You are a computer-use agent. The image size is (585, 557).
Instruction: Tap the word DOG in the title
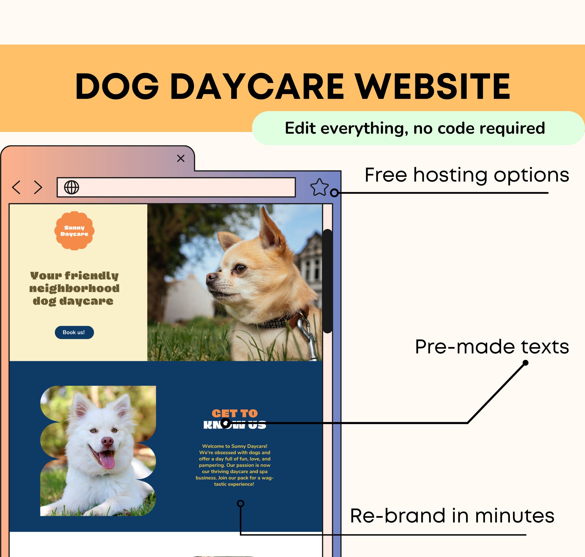pyautogui.click(x=117, y=86)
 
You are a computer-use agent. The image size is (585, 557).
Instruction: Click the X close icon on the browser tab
pyautogui.click(x=181, y=158)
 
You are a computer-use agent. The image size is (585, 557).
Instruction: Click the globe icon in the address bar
pyautogui.click(x=72, y=187)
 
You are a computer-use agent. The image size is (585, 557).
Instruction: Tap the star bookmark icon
pyautogui.click(x=319, y=187)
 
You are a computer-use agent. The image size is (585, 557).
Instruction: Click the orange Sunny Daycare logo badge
pyautogui.click(x=74, y=231)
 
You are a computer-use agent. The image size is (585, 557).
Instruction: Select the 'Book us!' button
pyautogui.click(x=74, y=332)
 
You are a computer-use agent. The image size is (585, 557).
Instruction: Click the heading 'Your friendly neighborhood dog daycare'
pyautogui.click(x=74, y=288)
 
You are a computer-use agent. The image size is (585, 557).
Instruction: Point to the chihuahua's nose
pyautogui.click(x=211, y=277)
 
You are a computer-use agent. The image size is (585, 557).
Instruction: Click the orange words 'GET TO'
pyautogui.click(x=235, y=413)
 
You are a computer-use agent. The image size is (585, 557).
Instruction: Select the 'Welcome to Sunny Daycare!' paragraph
pyautogui.click(x=235, y=465)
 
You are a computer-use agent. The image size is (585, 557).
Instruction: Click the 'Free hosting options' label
pyautogui.click(x=467, y=175)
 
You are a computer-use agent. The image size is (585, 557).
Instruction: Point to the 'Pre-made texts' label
pyautogui.click(x=492, y=347)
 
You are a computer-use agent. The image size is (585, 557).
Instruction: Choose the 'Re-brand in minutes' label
pyautogui.click(x=452, y=516)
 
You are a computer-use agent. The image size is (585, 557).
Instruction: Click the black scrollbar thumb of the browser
pyautogui.click(x=327, y=281)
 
